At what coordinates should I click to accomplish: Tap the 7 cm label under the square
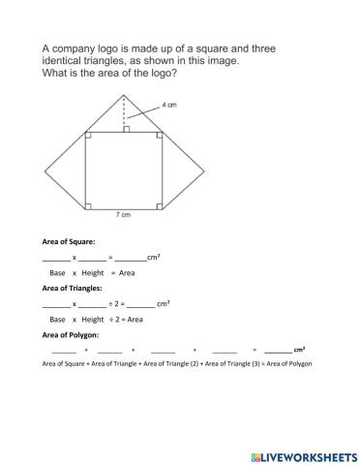tap(123, 215)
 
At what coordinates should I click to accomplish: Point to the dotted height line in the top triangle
tap(124, 110)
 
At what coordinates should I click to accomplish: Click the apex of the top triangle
tap(124, 94)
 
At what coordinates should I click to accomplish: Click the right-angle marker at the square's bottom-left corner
tap(88, 204)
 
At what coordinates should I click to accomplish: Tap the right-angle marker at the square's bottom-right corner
tap(160, 204)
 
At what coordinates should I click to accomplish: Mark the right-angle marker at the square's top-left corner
tap(88, 136)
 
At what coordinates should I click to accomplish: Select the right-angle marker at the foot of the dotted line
tap(127, 129)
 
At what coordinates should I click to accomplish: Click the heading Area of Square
tap(69, 242)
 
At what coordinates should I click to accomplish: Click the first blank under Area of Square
tap(56, 258)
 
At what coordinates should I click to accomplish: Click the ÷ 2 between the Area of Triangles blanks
tap(115, 303)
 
